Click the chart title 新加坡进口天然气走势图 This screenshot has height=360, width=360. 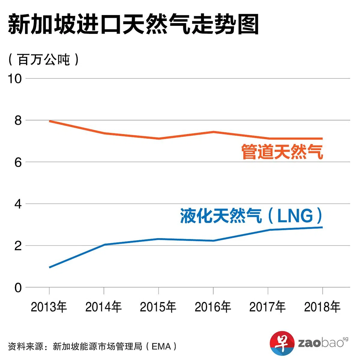pyautogui.click(x=133, y=25)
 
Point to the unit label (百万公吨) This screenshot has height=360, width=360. pyautogui.click(x=44, y=60)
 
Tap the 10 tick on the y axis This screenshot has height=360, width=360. pyautogui.click(x=15, y=79)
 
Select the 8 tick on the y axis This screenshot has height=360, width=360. pyautogui.click(x=18, y=121)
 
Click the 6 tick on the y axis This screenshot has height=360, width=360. pyautogui.click(x=18, y=162)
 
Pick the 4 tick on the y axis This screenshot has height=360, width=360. pyautogui.click(x=18, y=204)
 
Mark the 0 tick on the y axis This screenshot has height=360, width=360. pyautogui.click(x=18, y=288)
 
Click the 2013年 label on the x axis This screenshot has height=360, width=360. pyautogui.click(x=49, y=307)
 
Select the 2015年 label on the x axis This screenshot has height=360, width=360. pyautogui.click(x=158, y=307)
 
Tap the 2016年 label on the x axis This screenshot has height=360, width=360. pyautogui.click(x=213, y=307)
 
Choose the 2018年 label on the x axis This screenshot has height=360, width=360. pyautogui.click(x=322, y=307)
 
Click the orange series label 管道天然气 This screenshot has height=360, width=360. pyautogui.click(x=282, y=152)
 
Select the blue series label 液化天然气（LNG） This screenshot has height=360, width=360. pyautogui.click(x=251, y=216)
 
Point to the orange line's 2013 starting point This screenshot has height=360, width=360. pyautogui.click(x=49, y=121)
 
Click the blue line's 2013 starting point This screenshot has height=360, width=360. pyautogui.click(x=49, y=267)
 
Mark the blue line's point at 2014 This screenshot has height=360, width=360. pyautogui.click(x=104, y=245)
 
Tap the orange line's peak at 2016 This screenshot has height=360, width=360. pyautogui.click(x=213, y=132)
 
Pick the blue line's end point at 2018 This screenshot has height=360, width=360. pyautogui.click(x=322, y=227)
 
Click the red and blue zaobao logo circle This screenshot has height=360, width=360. pyautogui.click(x=282, y=343)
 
